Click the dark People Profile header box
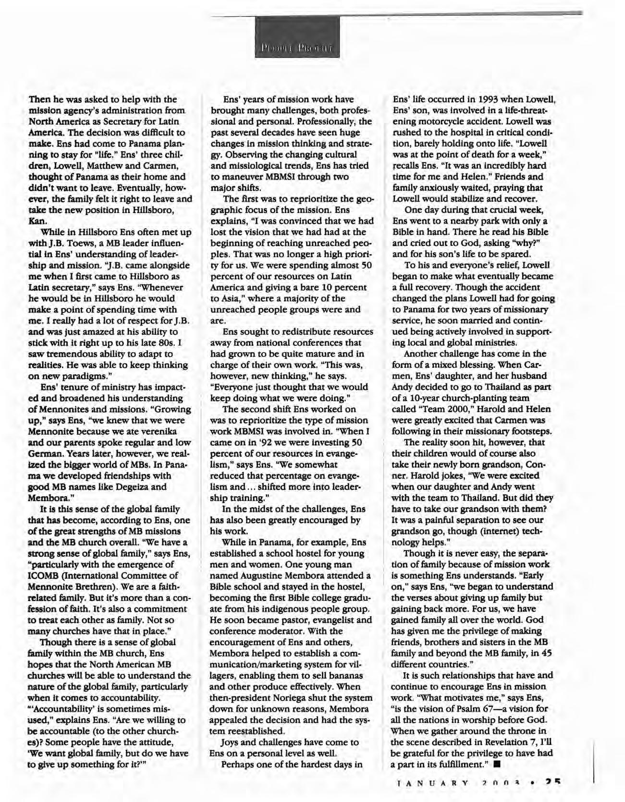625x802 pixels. (297, 37)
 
